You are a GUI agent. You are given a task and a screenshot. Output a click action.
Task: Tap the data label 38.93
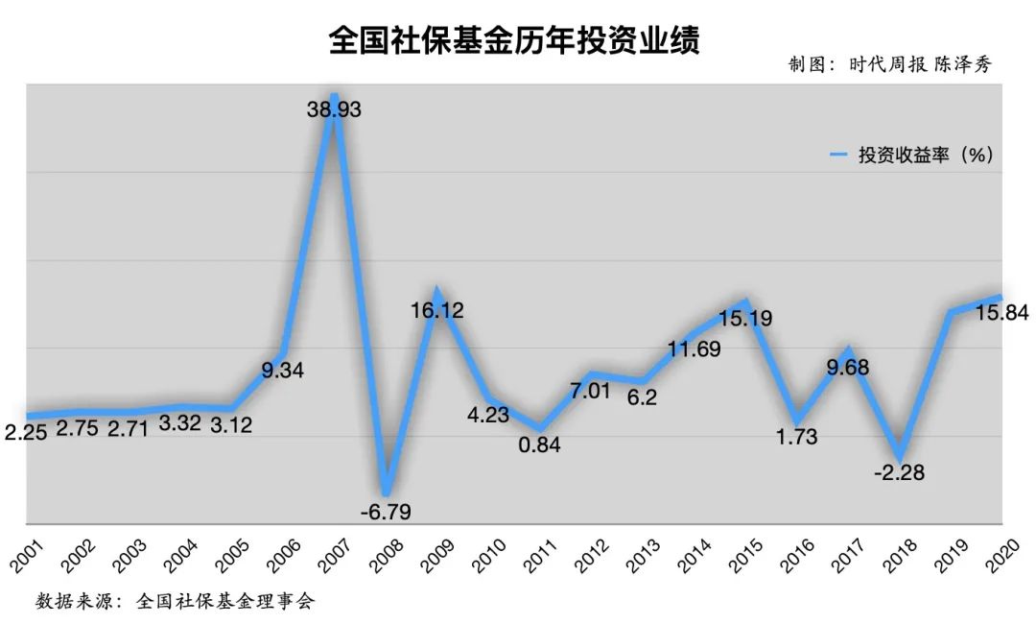pyautogui.click(x=334, y=110)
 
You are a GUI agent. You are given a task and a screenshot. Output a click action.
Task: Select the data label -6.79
pyautogui.click(x=385, y=512)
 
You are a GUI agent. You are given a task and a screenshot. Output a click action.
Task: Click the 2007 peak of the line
pyautogui.click(x=333, y=96)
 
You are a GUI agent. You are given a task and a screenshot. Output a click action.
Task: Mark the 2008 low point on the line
pyautogui.click(x=385, y=491)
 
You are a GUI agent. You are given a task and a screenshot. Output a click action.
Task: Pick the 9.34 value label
pyautogui.click(x=282, y=370)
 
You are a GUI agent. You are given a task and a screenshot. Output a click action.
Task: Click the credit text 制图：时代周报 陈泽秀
pyautogui.click(x=889, y=65)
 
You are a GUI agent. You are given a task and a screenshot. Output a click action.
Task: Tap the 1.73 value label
pyautogui.click(x=796, y=437)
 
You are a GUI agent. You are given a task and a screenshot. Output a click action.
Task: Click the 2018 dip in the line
pyautogui.click(x=899, y=453)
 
